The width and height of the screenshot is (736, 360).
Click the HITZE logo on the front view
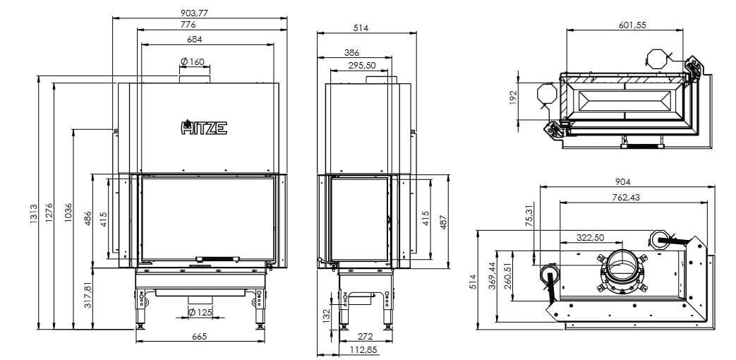coord(204,127)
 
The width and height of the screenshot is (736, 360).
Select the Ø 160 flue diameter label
coord(193,61)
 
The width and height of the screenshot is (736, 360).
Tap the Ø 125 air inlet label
coord(200,312)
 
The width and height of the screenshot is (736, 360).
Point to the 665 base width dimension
coord(200,336)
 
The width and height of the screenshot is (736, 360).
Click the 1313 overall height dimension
coord(33,213)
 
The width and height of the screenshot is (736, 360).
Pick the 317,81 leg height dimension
coord(88,294)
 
